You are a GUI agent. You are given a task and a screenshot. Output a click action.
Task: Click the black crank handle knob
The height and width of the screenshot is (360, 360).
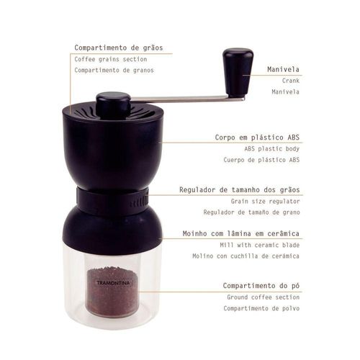coord(238,73)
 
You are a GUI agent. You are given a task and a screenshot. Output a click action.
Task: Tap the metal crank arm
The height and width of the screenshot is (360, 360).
coord(187,99)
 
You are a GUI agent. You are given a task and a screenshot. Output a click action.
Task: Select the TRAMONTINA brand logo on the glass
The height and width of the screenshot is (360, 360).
coord(113,283)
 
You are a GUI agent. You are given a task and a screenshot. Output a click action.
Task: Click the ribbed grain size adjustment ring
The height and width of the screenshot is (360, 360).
coord(112,198)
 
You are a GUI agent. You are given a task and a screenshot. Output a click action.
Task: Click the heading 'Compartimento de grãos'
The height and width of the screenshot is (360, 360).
coord(119,48)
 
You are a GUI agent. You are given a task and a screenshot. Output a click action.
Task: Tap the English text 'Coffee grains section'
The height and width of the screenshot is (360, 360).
coord(111,59)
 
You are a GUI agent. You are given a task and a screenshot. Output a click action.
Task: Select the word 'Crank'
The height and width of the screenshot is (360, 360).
coord(291,81)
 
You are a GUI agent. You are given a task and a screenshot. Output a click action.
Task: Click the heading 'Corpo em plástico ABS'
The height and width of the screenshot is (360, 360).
coord(257,138)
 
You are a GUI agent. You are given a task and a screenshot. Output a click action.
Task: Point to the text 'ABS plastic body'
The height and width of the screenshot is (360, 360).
coord(272,149)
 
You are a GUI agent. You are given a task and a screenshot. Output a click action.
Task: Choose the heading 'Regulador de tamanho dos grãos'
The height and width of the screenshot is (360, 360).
coord(240,190)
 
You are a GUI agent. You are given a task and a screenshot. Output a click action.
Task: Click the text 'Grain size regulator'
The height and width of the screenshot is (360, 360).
coord(265,201)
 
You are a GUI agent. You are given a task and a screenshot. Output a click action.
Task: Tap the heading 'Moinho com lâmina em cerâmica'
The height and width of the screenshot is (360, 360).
coord(241,233)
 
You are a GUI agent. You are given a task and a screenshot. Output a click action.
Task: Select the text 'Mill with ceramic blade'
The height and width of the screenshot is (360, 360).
coord(260,245)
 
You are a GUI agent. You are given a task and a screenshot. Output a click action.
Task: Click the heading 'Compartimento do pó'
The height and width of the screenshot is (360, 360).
coord(261,286)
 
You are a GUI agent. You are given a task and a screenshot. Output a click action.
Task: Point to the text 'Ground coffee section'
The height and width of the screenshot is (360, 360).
coord(264,297)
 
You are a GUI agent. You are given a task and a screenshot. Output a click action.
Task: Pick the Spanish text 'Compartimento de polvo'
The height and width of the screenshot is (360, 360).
coord(261,308)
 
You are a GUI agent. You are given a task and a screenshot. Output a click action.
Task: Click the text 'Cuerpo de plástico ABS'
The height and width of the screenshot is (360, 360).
coord(261,160)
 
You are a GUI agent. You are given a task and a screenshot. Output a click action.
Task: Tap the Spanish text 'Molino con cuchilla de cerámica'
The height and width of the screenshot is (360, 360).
coord(246,256)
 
